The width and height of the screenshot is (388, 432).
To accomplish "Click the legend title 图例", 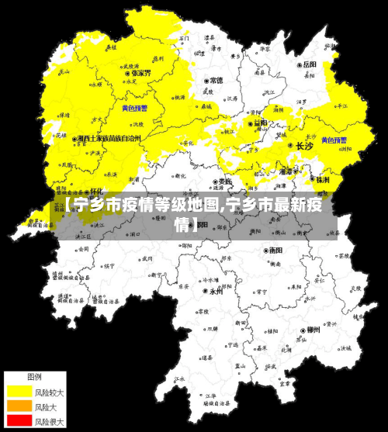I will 35,376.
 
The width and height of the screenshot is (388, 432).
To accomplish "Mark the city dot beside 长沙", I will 290,145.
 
